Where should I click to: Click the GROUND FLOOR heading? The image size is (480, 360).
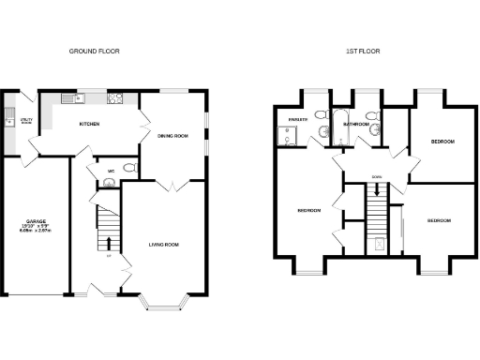pos(95,51)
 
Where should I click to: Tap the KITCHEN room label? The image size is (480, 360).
pos(90,124)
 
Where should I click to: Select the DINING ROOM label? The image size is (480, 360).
pos(172,136)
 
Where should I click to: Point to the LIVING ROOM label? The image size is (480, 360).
pos(163,245)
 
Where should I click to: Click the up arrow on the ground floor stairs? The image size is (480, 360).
pos(109,244)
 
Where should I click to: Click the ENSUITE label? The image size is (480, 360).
pos(299,120)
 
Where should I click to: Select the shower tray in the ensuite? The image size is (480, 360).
pos(287,138)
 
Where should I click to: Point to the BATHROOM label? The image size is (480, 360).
pos(356,124)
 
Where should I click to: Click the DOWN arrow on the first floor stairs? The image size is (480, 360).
pos(377,190)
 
